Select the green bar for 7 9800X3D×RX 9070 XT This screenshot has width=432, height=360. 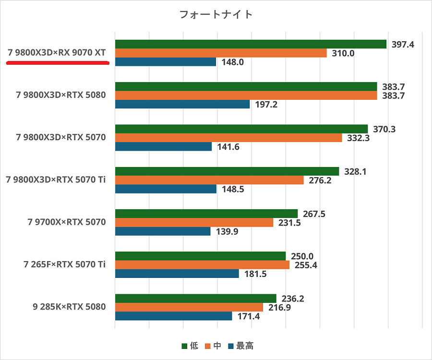(251, 44)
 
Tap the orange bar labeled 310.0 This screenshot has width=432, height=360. (221, 53)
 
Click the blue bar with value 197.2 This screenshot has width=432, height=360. (182, 104)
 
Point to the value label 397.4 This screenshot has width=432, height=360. (403, 44)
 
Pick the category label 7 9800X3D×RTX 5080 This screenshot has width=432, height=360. (61, 95)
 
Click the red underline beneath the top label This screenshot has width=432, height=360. (58, 62)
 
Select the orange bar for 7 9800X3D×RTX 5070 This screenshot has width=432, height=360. (228, 138)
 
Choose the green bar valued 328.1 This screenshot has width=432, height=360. (227, 171)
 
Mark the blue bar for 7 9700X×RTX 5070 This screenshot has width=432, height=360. (163, 231)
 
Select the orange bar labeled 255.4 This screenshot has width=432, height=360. (202, 265)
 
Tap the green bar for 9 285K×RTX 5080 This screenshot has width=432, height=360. (196, 299)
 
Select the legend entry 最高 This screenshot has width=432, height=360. (245, 346)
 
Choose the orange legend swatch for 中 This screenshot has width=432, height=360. (208, 346)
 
